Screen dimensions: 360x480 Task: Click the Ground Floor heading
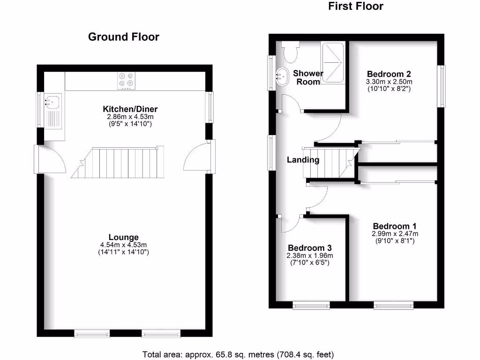tap(124, 37)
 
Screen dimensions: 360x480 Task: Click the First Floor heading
tap(355, 6)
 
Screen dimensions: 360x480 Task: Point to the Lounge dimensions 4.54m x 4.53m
tap(124, 245)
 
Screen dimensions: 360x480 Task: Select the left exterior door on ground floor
tap(51, 159)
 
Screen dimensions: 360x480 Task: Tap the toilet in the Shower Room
tap(291, 51)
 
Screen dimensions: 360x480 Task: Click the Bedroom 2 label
tap(389, 74)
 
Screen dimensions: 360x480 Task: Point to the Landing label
tap(303, 160)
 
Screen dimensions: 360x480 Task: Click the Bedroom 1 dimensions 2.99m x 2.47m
tap(395, 233)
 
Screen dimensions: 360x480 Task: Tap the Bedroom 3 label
tap(310, 248)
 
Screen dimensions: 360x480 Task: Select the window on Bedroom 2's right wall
tap(441, 86)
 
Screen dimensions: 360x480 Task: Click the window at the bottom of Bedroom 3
tap(311, 306)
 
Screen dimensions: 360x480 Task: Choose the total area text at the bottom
tap(238, 354)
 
